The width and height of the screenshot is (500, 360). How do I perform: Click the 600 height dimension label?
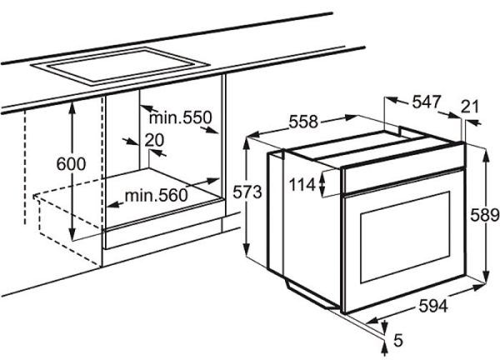point(71,164)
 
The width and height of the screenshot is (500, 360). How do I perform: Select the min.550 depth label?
point(181,117)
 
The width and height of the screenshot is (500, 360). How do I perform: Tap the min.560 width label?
point(157,195)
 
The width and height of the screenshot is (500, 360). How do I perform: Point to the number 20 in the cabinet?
point(154,140)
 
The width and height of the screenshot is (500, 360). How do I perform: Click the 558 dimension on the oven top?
point(303,122)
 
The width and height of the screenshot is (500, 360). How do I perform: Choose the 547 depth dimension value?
point(427,102)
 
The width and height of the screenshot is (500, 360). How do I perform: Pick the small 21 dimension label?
point(470,107)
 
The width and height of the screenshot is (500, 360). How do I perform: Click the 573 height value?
point(247,192)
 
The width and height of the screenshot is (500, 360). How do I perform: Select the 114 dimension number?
point(302,185)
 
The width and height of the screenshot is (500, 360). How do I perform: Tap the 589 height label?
point(485,215)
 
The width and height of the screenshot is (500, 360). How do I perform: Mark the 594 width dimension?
point(433,307)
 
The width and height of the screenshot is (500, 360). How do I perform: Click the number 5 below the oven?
point(398,341)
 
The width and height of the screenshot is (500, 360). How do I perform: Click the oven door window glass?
point(405,237)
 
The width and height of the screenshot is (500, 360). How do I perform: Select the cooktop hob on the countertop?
point(120,67)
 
